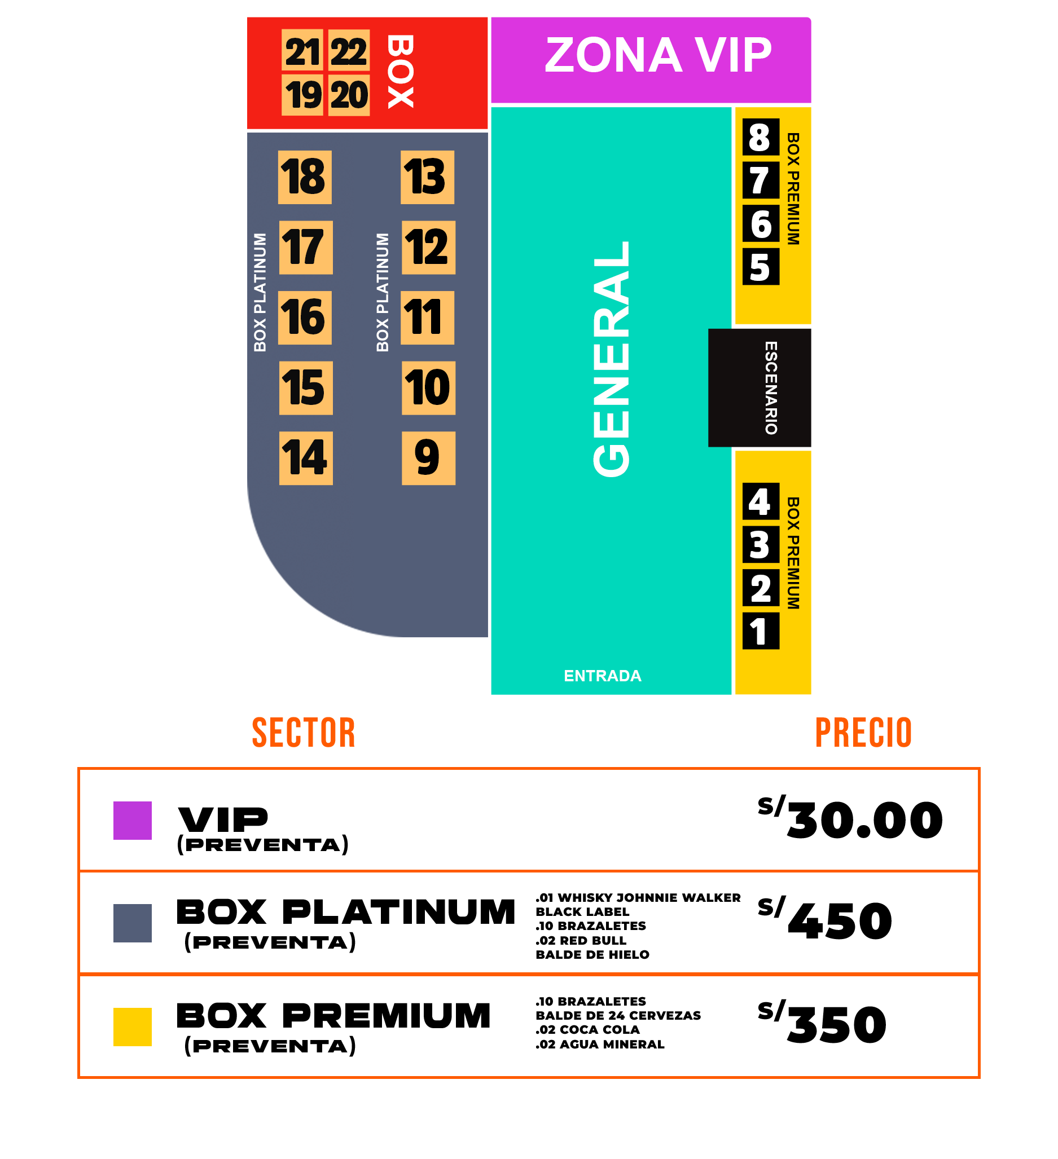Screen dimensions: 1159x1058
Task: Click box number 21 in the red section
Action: click(302, 51)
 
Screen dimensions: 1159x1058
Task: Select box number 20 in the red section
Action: click(349, 94)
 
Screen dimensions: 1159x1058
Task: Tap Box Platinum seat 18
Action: click(304, 177)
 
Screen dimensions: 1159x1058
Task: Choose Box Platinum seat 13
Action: click(427, 177)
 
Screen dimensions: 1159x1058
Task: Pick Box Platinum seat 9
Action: click(428, 458)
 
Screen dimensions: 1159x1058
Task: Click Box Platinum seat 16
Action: click(304, 318)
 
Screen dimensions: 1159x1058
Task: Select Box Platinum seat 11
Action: click(427, 318)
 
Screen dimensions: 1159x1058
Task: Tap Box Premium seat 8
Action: click(761, 137)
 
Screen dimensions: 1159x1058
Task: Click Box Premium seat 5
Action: click(761, 267)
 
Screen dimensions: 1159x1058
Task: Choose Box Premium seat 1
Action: click(761, 631)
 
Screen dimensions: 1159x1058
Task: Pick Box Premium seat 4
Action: click(761, 501)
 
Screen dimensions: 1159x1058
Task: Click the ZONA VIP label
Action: click(658, 55)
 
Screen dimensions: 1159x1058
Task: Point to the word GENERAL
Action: click(612, 359)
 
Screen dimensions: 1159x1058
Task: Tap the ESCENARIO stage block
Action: click(760, 388)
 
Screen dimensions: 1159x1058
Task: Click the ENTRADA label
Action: click(602, 676)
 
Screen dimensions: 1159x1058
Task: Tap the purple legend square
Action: click(133, 821)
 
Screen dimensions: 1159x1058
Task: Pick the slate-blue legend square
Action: click(133, 923)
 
